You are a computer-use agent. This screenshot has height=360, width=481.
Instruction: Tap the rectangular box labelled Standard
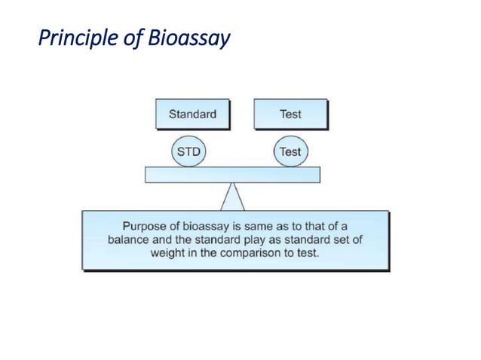(x=192, y=114)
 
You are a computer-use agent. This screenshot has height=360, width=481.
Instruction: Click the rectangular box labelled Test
(x=290, y=114)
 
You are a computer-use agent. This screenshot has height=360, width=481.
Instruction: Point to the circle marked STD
(x=188, y=152)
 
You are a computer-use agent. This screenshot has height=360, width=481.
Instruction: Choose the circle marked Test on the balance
(x=290, y=152)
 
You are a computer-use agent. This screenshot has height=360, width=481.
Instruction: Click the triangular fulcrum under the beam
(x=232, y=198)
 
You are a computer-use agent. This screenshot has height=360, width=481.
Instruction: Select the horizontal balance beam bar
(x=232, y=175)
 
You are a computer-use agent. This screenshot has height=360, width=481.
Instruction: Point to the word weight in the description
(x=167, y=252)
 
